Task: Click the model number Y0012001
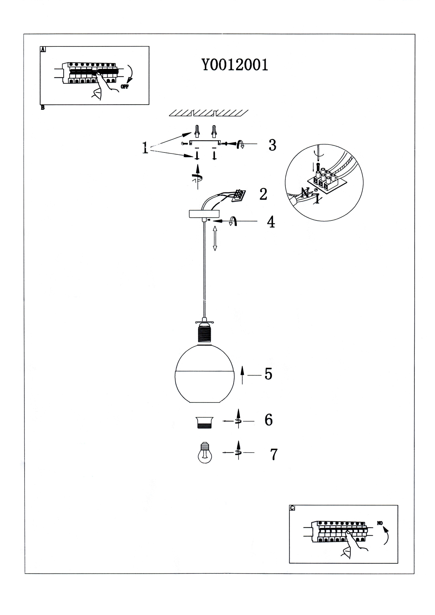[235, 65]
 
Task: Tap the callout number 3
[272, 145]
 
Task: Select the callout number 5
[268, 374]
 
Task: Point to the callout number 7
[274, 454]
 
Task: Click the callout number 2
[263, 194]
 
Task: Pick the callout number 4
[271, 222]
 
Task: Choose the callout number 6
[268, 420]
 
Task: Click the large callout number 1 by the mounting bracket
[145, 148]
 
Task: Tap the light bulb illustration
[205, 453]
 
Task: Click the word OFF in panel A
[125, 87]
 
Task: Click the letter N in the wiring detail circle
[305, 193]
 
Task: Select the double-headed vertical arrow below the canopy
[215, 238]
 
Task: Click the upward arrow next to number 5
[242, 375]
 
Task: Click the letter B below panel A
[42, 108]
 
